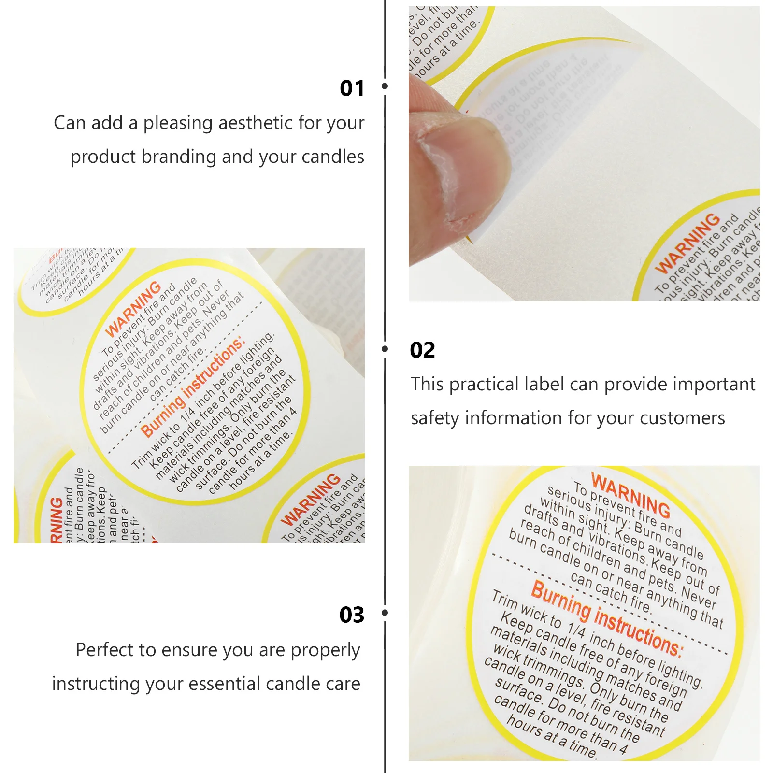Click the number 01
click(352, 88)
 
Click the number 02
click(422, 350)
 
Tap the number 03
click(352, 615)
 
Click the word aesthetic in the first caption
click(255, 123)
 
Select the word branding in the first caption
click(179, 157)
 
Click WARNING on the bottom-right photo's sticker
click(630, 495)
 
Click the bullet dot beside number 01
click(385, 86)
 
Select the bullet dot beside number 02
click(385, 348)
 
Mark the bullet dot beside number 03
click(385, 613)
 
